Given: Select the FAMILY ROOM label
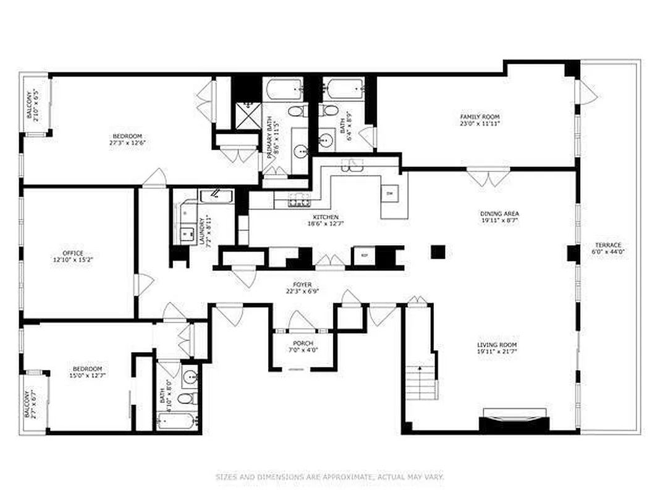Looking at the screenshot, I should pyautogui.click(x=480, y=116).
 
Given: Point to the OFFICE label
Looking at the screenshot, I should pyautogui.click(x=72, y=253).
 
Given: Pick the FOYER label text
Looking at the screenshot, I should pyautogui.click(x=302, y=285).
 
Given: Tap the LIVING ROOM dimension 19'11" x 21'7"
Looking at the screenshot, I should pyautogui.click(x=497, y=351).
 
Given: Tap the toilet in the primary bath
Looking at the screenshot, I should pyautogui.click(x=297, y=111).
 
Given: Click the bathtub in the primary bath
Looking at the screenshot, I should pyautogui.click(x=285, y=90).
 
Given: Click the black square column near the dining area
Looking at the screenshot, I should pyautogui.click(x=438, y=251).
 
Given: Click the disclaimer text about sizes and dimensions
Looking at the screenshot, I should pyautogui.click(x=329, y=477).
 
